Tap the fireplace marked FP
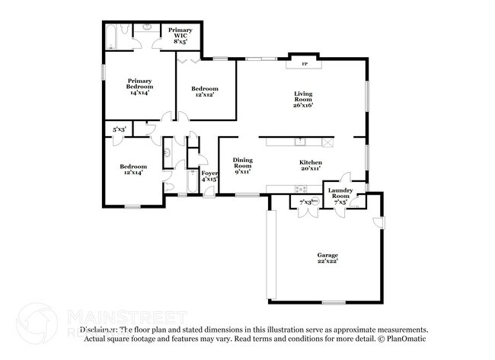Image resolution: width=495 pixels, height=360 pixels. (x=305, y=64)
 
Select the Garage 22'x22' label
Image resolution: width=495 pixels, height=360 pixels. (x=327, y=257)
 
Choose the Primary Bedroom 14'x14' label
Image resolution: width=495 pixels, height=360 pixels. (x=139, y=86)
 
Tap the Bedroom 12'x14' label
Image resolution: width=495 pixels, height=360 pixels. (x=133, y=170)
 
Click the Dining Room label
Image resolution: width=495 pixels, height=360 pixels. (x=243, y=165)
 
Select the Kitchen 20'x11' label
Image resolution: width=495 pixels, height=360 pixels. (x=310, y=166)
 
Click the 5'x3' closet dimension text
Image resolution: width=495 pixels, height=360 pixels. (x=119, y=129)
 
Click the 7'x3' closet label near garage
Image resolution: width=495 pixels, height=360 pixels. (x=306, y=202)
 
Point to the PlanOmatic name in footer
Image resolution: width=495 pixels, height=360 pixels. (x=410, y=338)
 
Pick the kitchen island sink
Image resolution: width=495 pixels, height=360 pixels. (x=302, y=141)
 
